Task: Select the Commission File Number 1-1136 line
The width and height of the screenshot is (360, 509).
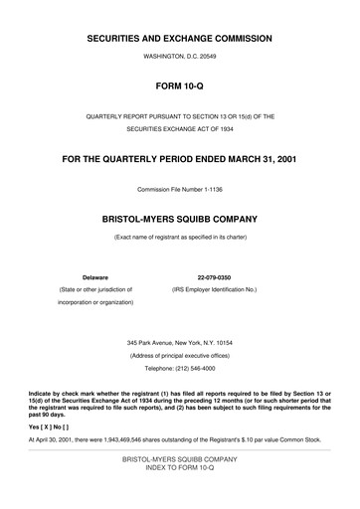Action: [x=179, y=189]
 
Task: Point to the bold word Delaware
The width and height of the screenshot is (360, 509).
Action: [x=94, y=276]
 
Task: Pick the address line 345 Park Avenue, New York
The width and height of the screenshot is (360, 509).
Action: [x=179, y=343]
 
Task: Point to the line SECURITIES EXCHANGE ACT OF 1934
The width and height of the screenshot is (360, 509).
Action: [x=179, y=129]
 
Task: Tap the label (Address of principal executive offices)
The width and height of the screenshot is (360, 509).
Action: [x=179, y=355]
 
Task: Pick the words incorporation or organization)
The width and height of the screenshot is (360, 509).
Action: [x=94, y=301]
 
